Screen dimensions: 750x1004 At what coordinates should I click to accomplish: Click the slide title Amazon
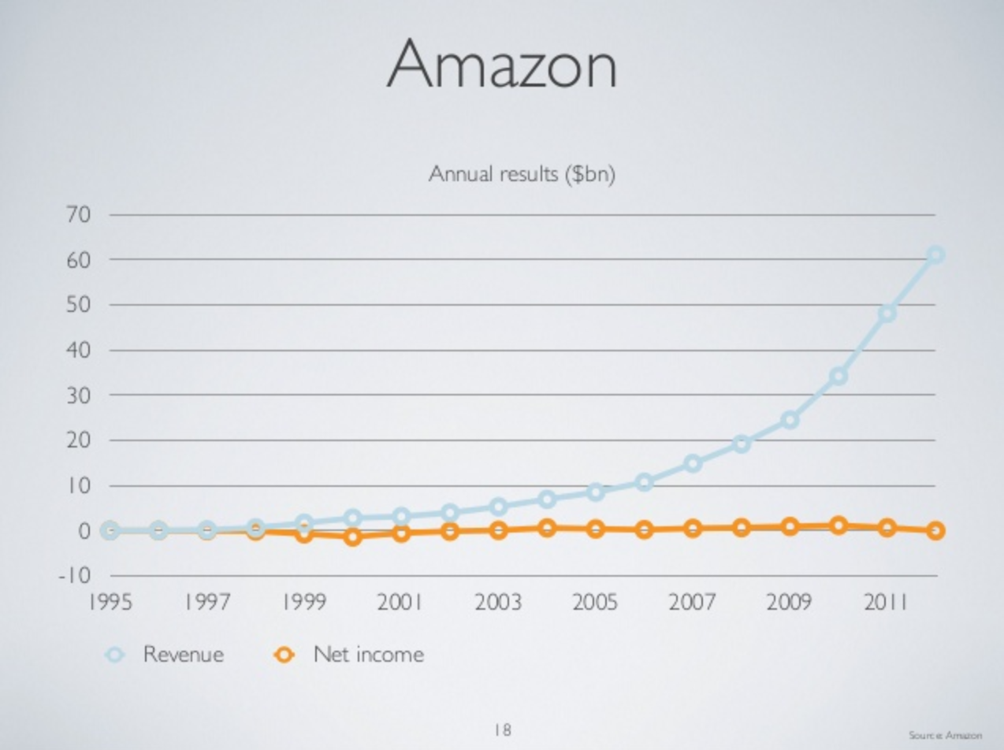click(501, 65)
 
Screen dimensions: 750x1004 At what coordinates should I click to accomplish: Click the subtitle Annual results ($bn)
click(521, 174)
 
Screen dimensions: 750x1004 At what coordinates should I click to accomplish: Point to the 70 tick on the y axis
click(79, 214)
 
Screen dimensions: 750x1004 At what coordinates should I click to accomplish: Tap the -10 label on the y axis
click(75, 576)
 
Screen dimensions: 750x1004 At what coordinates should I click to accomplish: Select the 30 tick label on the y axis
click(79, 395)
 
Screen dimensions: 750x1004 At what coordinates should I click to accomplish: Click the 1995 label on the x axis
click(110, 603)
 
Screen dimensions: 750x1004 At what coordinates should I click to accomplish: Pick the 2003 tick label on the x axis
click(498, 603)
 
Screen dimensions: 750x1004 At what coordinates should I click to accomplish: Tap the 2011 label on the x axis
click(887, 603)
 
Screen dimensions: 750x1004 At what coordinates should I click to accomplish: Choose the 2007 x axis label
click(693, 603)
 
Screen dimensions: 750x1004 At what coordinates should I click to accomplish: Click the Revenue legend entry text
click(183, 654)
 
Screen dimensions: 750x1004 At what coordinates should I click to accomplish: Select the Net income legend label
click(368, 654)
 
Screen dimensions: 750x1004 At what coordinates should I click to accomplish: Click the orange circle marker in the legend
click(285, 655)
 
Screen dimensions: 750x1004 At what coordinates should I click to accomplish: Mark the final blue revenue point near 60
click(935, 254)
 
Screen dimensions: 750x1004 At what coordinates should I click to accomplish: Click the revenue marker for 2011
click(887, 314)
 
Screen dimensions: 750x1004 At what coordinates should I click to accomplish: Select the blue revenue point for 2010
click(839, 377)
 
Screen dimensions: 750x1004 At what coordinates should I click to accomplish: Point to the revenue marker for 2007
click(693, 463)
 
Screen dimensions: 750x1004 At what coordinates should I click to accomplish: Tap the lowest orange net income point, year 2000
click(352, 537)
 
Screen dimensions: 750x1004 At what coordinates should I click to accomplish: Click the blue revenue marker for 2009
click(790, 420)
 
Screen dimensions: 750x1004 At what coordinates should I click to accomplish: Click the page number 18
click(502, 730)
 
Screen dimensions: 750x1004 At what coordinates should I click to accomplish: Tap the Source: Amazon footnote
click(945, 735)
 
